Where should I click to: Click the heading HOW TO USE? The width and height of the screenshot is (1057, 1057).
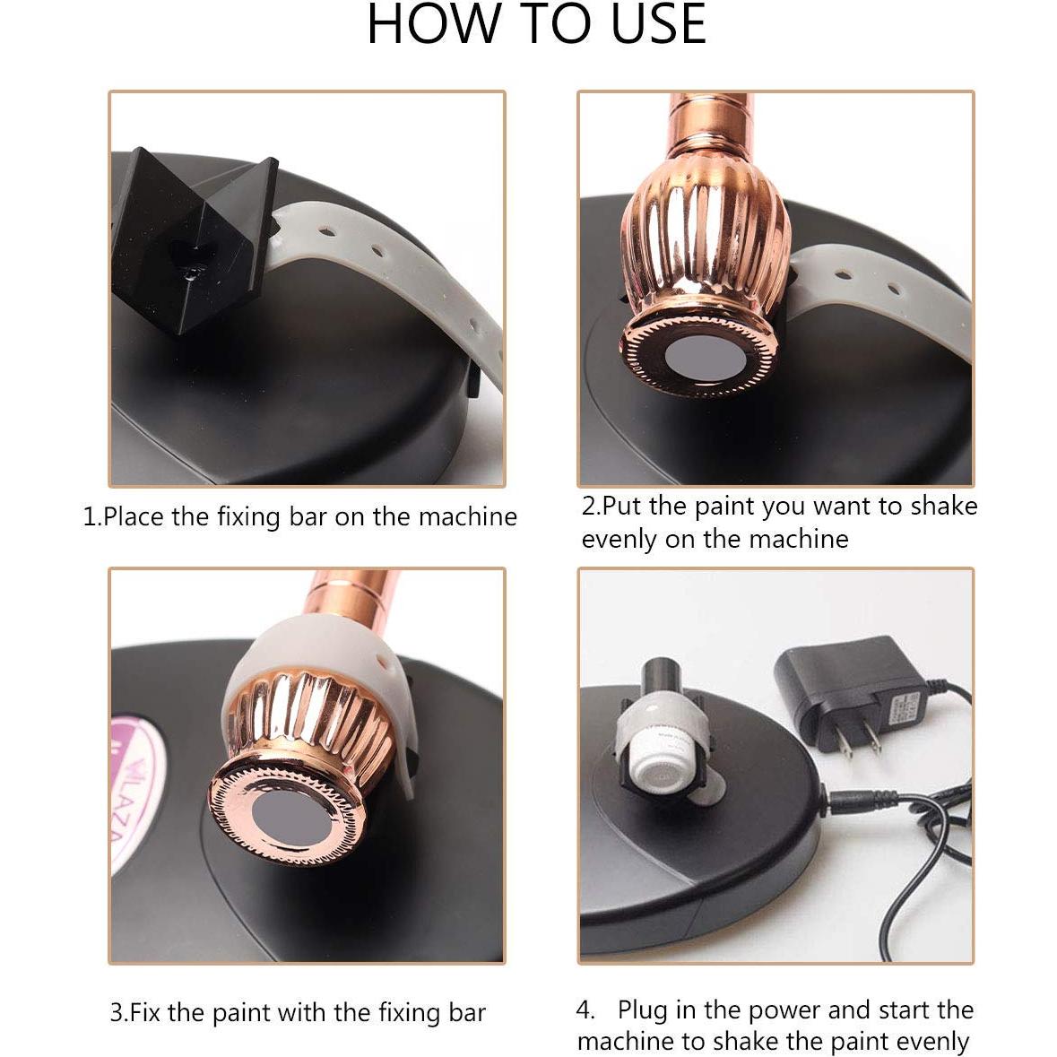[536, 24]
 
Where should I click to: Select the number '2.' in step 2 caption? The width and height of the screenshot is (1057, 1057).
[591, 506]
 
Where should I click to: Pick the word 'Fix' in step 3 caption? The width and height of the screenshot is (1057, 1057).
[146, 1013]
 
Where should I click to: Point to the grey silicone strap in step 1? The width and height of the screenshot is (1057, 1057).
[377, 260]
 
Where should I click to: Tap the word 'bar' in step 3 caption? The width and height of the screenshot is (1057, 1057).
[466, 1013]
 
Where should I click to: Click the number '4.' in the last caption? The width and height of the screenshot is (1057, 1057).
[585, 1009]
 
